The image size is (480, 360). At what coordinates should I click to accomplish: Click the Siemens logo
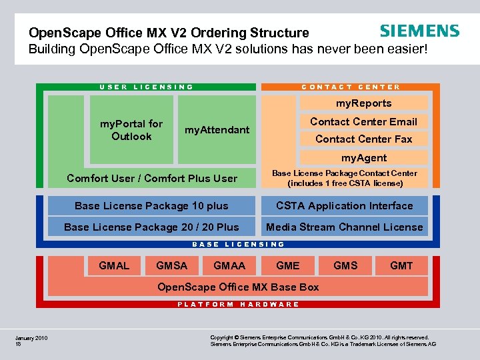tap(419, 31)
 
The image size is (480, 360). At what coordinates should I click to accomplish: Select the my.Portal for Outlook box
tap(131, 130)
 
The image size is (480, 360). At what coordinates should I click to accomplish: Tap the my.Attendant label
tap(217, 130)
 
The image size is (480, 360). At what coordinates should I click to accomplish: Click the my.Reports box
tap(363, 103)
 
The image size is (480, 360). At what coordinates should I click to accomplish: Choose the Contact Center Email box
tap(363, 121)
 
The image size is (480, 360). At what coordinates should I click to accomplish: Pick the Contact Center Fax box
tap(363, 139)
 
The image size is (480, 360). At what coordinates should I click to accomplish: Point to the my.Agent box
tap(363, 158)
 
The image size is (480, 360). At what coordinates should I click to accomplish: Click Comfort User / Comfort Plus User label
tap(152, 178)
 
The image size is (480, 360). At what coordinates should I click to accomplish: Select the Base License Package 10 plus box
tap(151, 206)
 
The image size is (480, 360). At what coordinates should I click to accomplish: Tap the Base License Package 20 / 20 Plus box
tap(151, 227)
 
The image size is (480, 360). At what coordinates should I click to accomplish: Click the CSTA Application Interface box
tap(344, 206)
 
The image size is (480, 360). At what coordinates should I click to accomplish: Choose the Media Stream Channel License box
tap(344, 227)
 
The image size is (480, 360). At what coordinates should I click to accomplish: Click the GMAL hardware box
tap(114, 265)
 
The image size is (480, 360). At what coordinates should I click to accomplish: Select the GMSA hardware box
tap(171, 265)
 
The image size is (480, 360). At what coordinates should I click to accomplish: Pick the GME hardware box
tap(287, 265)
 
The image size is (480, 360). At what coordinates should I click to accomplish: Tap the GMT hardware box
tap(401, 265)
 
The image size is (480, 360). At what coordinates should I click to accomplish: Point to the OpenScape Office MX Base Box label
tap(237, 287)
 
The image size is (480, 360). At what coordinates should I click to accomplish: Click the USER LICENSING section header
tap(147, 87)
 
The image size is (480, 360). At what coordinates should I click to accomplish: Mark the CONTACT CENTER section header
tap(351, 87)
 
